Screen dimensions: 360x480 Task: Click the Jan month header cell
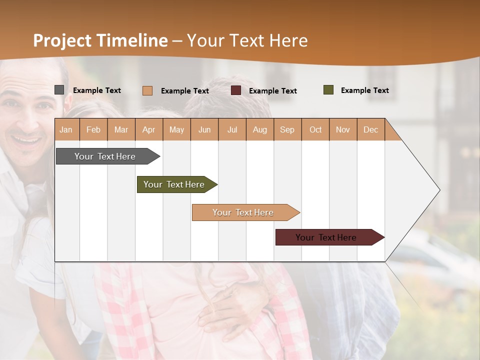coord(66,129)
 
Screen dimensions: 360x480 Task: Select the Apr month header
coord(149,129)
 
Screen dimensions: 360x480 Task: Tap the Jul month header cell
coord(232,129)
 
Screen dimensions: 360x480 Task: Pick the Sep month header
coord(287,129)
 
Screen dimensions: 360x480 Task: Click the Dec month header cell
coord(370,129)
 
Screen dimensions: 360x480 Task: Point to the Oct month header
coord(315,129)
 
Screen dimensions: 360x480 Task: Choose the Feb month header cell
coord(93,129)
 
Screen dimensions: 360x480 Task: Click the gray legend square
coord(59,90)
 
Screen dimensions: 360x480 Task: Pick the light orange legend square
coord(147,90)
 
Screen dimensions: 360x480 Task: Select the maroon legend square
coord(236,90)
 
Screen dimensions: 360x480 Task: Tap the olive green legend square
coord(328,90)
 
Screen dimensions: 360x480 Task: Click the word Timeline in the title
coord(132,40)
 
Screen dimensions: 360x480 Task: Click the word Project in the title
coord(62,40)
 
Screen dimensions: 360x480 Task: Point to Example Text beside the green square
coord(364,90)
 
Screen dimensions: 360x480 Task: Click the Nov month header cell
coord(343,129)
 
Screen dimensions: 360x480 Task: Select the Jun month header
coord(204,129)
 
